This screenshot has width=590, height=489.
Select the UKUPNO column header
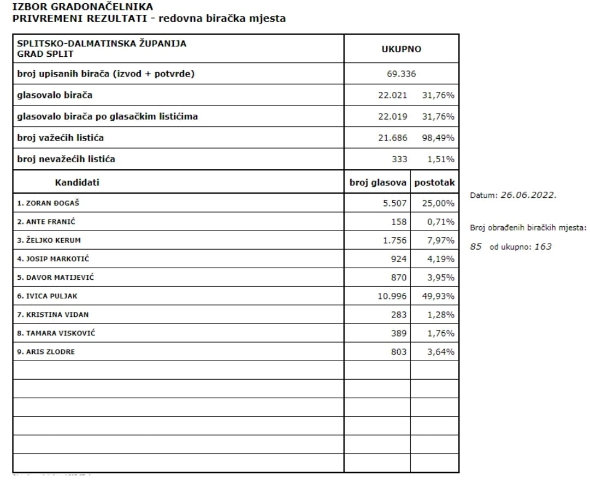click(401, 49)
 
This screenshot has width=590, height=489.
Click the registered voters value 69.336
click(401, 74)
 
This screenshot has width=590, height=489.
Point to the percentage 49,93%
click(440, 296)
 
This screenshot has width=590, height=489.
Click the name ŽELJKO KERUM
click(49, 240)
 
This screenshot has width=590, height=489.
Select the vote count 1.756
click(393, 240)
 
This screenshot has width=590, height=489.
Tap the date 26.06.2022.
click(528, 195)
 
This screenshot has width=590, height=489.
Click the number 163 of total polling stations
click(543, 246)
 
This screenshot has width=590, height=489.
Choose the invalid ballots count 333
click(399, 159)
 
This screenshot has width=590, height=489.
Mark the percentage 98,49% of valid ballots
click(438, 138)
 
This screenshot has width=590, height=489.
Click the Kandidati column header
click(77, 182)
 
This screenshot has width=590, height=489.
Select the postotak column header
click(434, 182)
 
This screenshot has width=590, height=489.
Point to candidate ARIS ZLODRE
click(46, 352)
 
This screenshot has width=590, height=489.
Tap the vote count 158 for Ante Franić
click(399, 221)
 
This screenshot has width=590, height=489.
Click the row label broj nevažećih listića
click(66, 159)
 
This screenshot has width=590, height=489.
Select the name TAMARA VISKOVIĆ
click(56, 333)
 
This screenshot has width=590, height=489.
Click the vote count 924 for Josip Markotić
click(399, 258)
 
